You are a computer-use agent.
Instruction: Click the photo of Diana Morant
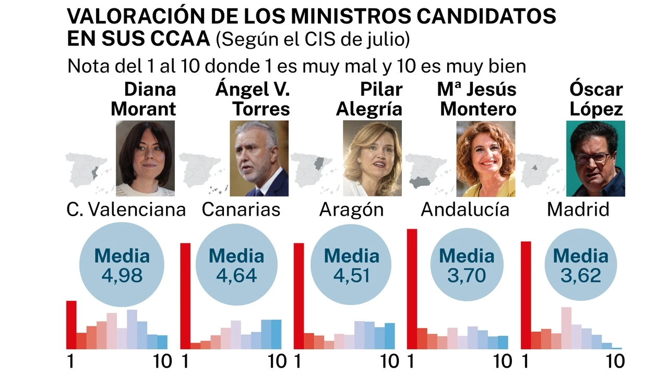coord(145,158)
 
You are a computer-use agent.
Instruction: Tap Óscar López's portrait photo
coord(595,158)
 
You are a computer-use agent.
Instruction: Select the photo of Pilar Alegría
coord(372,158)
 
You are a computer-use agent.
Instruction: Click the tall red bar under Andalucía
coord(412,289)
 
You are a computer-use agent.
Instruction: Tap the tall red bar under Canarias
coord(185,296)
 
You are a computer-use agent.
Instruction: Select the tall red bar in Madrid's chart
coord(526,295)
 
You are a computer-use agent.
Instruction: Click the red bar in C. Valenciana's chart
coord(71,325)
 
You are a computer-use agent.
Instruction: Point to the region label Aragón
coord(351,209)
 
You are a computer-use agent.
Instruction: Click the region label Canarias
coord(241,209)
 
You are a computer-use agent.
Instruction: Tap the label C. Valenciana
coord(126,209)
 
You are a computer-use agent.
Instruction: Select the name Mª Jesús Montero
coord(476,99)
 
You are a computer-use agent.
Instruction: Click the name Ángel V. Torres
coord(253,99)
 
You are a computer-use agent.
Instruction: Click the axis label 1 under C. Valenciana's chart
coord(70,361)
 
